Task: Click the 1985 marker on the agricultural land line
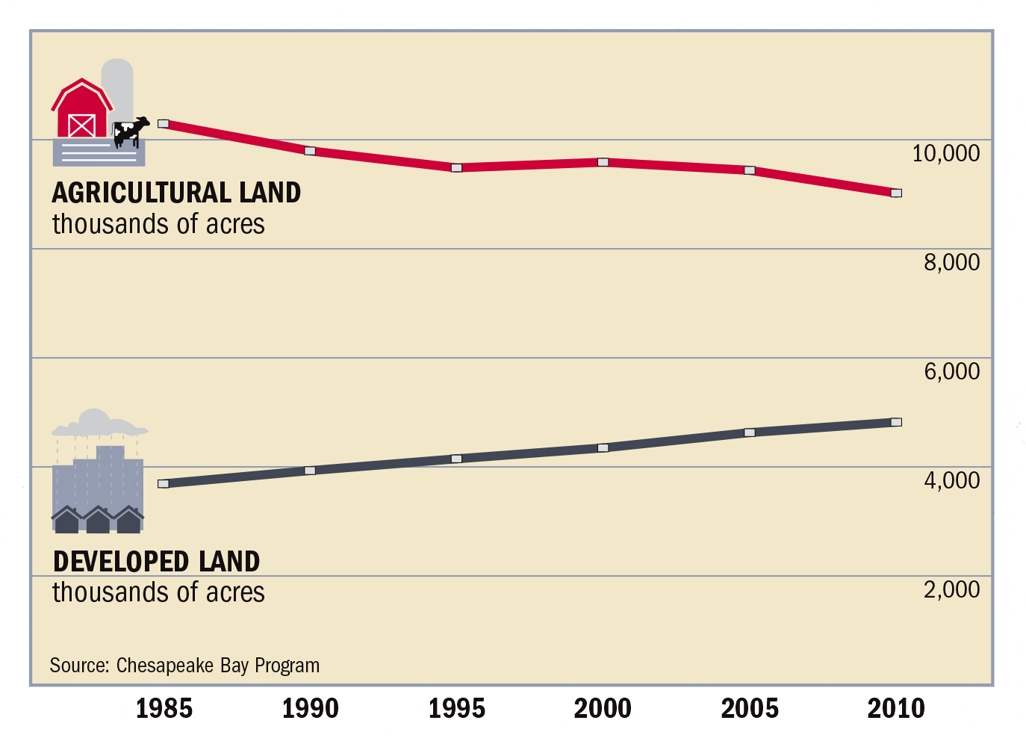[163, 124]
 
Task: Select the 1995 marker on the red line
[456, 168]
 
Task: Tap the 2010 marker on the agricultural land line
[896, 193]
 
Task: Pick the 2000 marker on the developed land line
[603, 447]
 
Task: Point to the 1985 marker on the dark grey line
[163, 483]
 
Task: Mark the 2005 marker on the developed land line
[750, 432]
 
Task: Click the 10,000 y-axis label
[946, 153]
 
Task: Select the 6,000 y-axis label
[952, 371]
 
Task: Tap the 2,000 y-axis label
[952, 589]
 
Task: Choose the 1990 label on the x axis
[310, 708]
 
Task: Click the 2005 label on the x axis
[750, 708]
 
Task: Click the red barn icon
[82, 108]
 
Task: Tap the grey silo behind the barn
[118, 90]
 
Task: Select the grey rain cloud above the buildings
[99, 423]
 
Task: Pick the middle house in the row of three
[98, 520]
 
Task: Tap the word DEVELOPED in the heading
[121, 562]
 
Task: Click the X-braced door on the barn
[82, 125]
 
